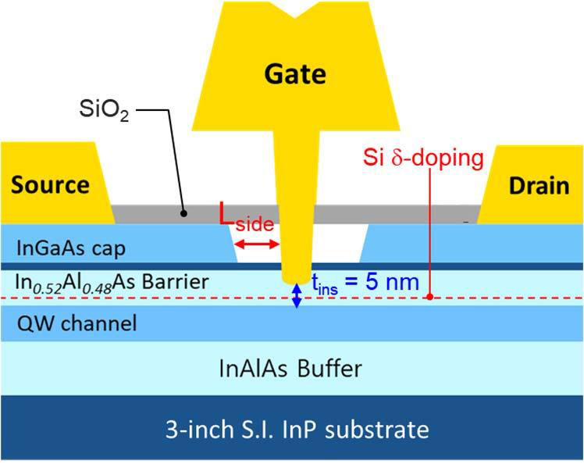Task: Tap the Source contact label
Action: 51,185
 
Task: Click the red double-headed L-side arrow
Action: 257,245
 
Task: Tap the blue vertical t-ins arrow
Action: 296,295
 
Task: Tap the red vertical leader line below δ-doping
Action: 430,234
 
